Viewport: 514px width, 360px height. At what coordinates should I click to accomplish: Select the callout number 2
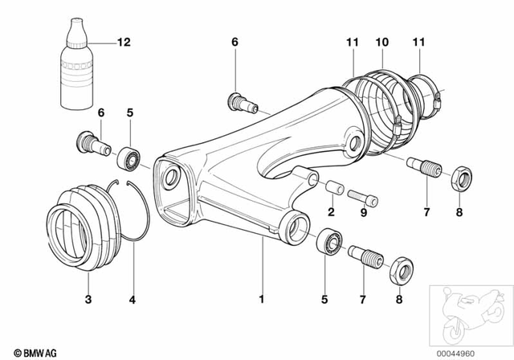coord(330,213)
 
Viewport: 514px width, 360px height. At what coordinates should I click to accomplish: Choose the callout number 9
coord(364,213)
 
